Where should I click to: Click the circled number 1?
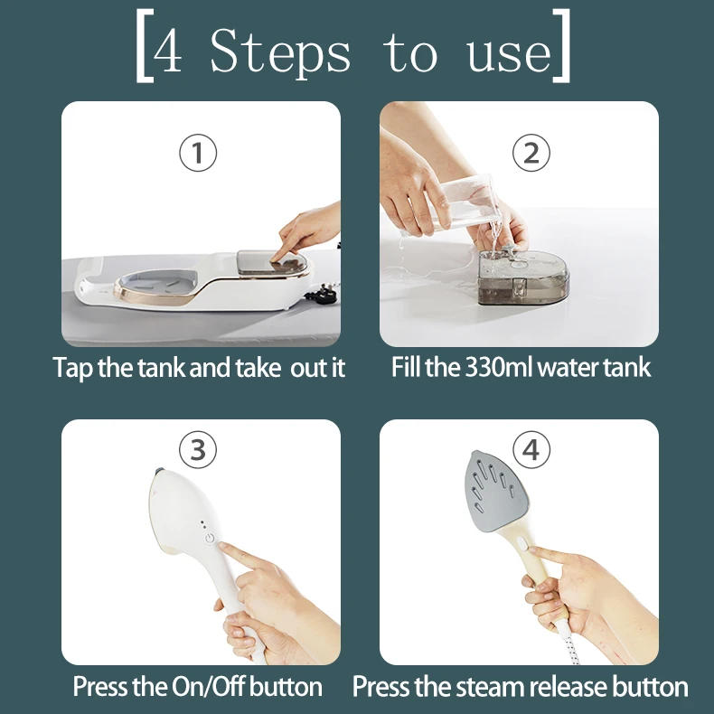click(x=198, y=153)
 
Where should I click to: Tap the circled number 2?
click(x=531, y=153)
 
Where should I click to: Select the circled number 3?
click(x=198, y=449)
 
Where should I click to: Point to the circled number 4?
click(x=531, y=449)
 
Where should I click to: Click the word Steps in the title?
click(x=280, y=53)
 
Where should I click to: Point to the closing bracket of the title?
click(x=562, y=46)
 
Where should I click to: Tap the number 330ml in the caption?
click(x=499, y=367)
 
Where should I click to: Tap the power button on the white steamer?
click(x=210, y=539)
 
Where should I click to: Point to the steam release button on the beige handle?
click(x=521, y=543)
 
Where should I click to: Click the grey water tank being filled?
click(x=522, y=277)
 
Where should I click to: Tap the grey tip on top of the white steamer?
click(x=159, y=471)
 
